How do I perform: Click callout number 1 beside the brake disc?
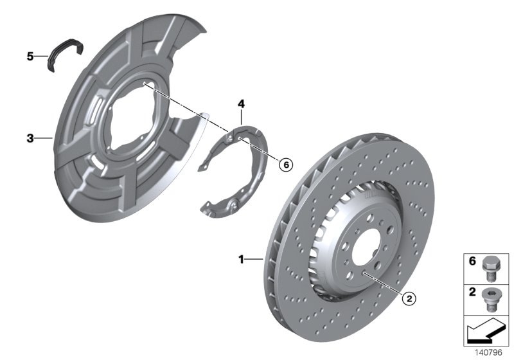click(242, 260)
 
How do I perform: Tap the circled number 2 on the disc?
click(407, 298)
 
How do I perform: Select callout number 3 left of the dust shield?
click(30, 138)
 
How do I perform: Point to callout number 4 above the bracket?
click(241, 104)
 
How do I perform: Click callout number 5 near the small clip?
click(30, 57)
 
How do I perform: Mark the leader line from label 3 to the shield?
click(42, 138)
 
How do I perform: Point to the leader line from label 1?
click(254, 260)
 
